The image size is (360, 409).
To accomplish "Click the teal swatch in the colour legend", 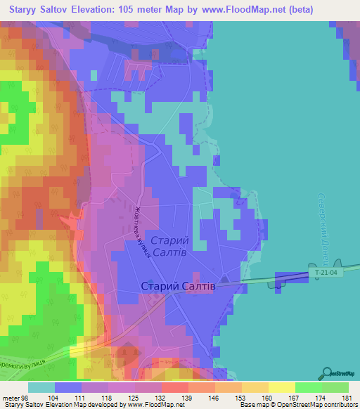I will click(x=41, y=387).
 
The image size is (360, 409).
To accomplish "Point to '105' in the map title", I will click(x=127, y=9).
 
